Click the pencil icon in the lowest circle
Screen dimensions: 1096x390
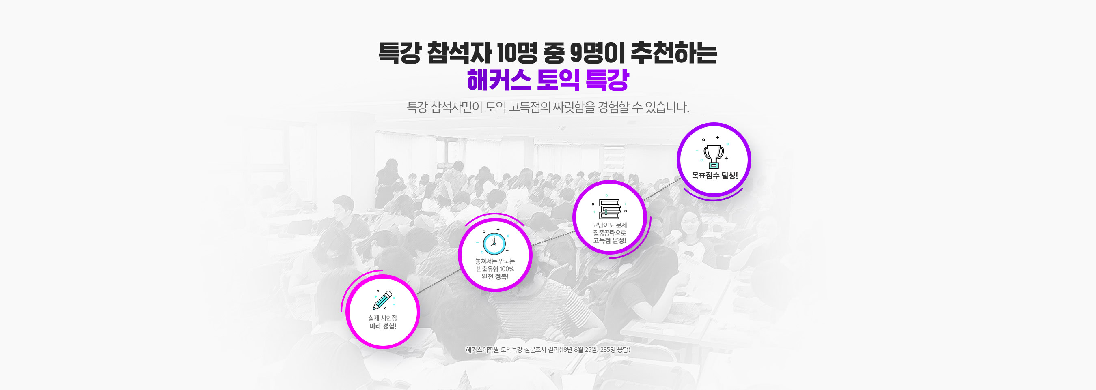pyautogui.click(x=382, y=300)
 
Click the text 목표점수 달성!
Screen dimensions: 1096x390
pyautogui.click(x=714, y=176)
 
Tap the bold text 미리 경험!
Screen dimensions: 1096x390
pyautogui.click(x=382, y=326)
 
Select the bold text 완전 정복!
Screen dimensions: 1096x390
pyautogui.click(x=495, y=276)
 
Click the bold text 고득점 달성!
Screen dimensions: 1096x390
pyautogui.click(x=609, y=240)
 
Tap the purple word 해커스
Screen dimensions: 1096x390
pyautogui.click(x=498, y=80)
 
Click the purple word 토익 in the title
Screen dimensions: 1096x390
pyautogui.click(x=558, y=80)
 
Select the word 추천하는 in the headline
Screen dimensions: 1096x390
pyautogui.click(x=674, y=54)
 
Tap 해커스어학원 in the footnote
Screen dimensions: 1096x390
pyautogui.click(x=482, y=349)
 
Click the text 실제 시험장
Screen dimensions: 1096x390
pyautogui.click(x=382, y=318)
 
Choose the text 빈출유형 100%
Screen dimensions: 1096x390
pyautogui.click(x=495, y=269)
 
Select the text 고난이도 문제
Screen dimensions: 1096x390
pyautogui.click(x=609, y=225)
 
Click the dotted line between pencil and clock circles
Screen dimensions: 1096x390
pyautogui.click(x=439, y=281)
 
